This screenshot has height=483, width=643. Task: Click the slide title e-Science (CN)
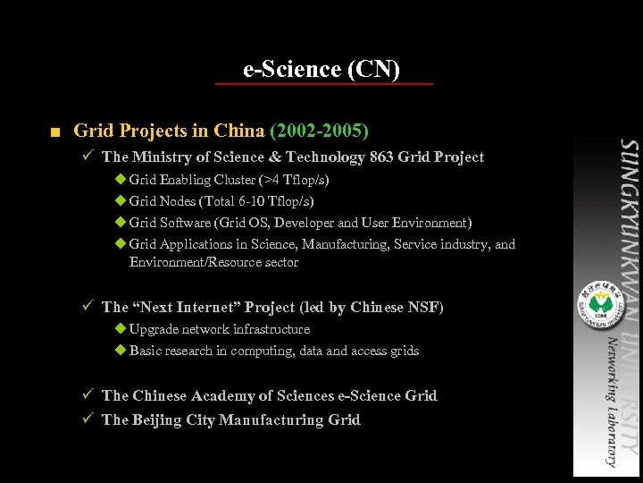coord(321,69)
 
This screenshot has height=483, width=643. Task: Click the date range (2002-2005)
coord(319,131)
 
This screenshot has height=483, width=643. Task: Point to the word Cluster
coord(234,180)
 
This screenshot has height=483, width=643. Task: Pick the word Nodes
coord(178,201)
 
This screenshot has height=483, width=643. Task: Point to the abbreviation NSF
coord(423,308)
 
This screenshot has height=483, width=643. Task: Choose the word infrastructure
coord(271,329)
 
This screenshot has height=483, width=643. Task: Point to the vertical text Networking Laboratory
coord(610,402)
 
